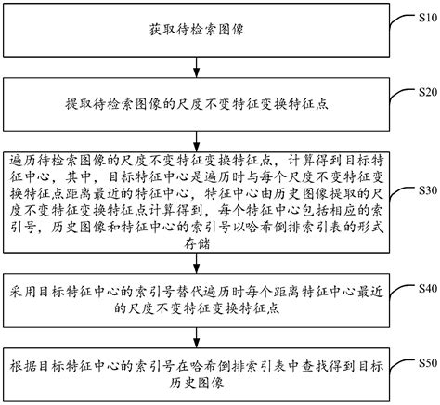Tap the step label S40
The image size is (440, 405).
pyautogui.click(x=425, y=289)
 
